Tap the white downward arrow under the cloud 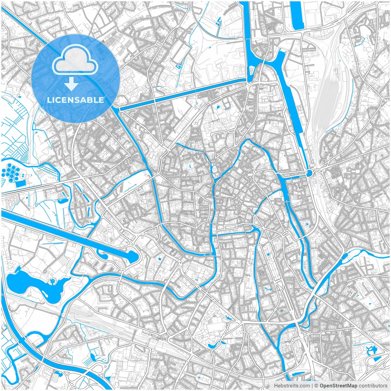71,84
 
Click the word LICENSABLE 75,100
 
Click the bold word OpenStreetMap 338,386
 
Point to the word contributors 373,386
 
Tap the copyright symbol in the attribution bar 316,386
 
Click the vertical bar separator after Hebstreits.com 312,386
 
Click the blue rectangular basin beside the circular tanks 20,184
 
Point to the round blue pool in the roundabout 309,174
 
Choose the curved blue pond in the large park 213,345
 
